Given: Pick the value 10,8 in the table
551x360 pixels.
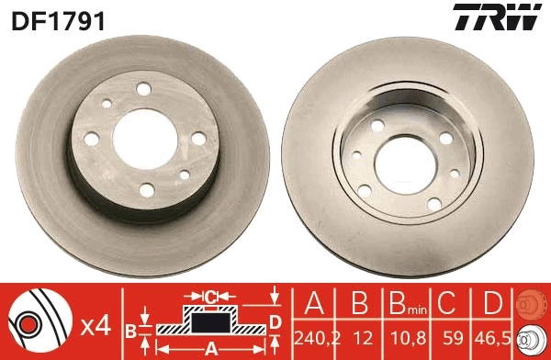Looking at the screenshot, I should [406, 336].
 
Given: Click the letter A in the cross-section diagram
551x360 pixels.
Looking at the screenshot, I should [210, 347].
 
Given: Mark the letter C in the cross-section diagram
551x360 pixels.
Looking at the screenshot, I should [210, 297].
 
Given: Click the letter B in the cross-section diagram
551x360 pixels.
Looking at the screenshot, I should [131, 330].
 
